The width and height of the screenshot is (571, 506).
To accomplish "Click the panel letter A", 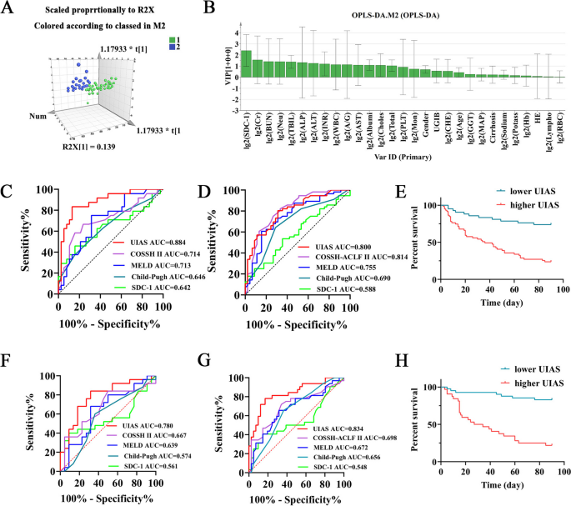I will click(x=8, y=8).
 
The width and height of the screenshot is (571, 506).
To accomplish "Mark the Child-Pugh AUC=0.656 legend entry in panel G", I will click(x=325, y=458).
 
